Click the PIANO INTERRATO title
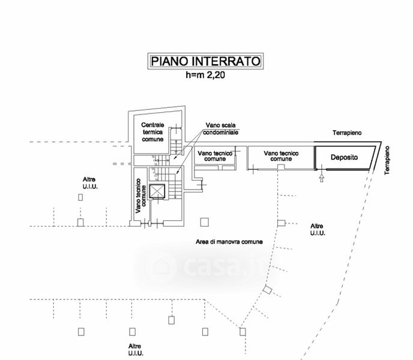point(205,61)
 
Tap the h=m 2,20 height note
point(205,75)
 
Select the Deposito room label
point(344,157)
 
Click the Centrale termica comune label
point(152,132)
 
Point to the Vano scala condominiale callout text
point(221,128)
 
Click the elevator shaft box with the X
point(157,191)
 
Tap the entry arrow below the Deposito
point(321,178)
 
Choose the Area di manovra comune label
point(229,242)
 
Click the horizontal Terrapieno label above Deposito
point(347,133)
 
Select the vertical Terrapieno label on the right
point(387,160)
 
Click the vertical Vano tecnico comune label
point(140,196)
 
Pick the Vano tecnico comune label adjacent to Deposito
point(281,156)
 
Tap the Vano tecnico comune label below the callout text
point(215,156)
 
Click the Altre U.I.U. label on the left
point(90,183)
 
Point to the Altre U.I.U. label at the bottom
point(136,350)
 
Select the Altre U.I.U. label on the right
point(318,229)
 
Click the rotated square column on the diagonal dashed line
point(267,290)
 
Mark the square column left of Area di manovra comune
point(204,222)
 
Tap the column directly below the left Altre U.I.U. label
point(80,197)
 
